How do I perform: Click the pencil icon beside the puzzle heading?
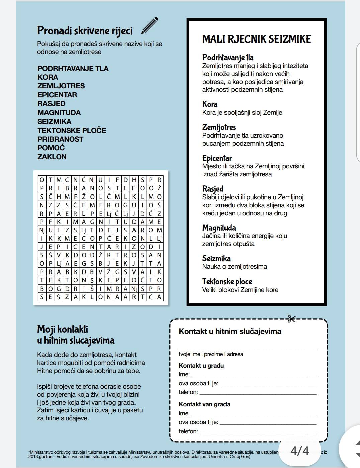pyautogui.click(x=149, y=26)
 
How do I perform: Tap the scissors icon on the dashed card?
pyautogui.click(x=291, y=319)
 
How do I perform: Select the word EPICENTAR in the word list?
pyautogui.click(x=57, y=95)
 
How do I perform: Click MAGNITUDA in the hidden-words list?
pyautogui.click(x=59, y=112)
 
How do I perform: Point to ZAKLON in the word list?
pyautogui.click(x=52, y=157)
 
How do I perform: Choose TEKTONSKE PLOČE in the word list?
pyautogui.click(x=72, y=130)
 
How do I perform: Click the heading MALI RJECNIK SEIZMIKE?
pyautogui.click(x=256, y=39)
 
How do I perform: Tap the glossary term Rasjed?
pyautogui.click(x=213, y=189)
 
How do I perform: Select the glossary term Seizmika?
pyautogui.click(x=216, y=258)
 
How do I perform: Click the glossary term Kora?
pyautogui.click(x=210, y=104)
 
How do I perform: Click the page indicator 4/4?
pyautogui.click(x=299, y=451)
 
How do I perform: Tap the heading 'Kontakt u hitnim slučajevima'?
pyautogui.click(x=230, y=331)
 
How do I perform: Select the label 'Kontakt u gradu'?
pyautogui.click(x=201, y=365)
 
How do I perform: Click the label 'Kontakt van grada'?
pyautogui.click(x=204, y=404)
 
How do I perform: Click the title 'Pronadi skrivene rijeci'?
pyautogui.click(x=85, y=31)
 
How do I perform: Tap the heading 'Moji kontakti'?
pyautogui.click(x=63, y=329)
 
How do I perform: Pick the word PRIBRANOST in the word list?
pyautogui.click(x=60, y=139)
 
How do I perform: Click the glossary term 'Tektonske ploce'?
pyautogui.click(x=227, y=281)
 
